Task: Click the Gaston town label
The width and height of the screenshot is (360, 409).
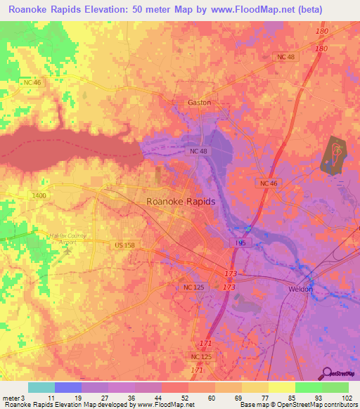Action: tap(199, 103)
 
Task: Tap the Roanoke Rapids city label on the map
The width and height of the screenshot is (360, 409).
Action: tap(181, 201)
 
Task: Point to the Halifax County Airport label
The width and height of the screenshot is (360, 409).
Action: tap(67, 239)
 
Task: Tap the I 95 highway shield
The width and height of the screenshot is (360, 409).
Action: tap(240, 242)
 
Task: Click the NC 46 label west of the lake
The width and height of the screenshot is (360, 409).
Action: tap(33, 83)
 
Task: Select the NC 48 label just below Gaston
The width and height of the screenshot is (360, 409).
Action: tap(198, 151)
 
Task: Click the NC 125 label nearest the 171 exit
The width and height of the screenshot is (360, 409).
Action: tap(201, 357)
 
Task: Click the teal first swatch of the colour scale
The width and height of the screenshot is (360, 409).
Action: tap(41, 387)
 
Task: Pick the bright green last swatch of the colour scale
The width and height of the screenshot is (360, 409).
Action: tap(335, 387)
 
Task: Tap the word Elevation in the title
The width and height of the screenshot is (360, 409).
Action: tap(113, 10)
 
